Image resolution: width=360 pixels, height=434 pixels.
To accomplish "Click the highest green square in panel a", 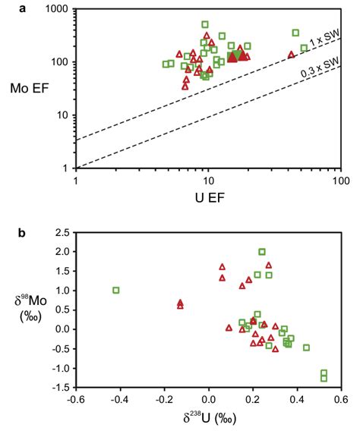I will (205, 24).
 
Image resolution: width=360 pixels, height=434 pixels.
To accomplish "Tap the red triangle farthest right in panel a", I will (291, 55).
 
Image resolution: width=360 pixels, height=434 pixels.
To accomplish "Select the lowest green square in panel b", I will (324, 378).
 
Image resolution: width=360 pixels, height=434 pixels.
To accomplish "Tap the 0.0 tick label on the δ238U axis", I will (209, 400).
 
